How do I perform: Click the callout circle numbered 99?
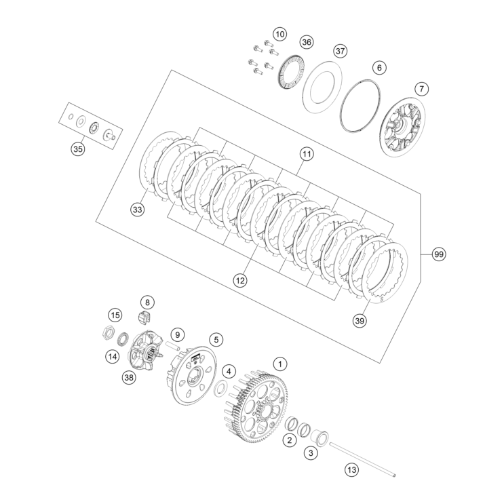439,254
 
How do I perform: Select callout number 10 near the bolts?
280,33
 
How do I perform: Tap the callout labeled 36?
307,42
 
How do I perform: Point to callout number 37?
340,52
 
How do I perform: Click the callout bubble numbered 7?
422,89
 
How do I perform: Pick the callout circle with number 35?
78,149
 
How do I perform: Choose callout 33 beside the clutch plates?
138,210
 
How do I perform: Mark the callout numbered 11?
307,155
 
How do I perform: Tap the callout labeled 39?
360,320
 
